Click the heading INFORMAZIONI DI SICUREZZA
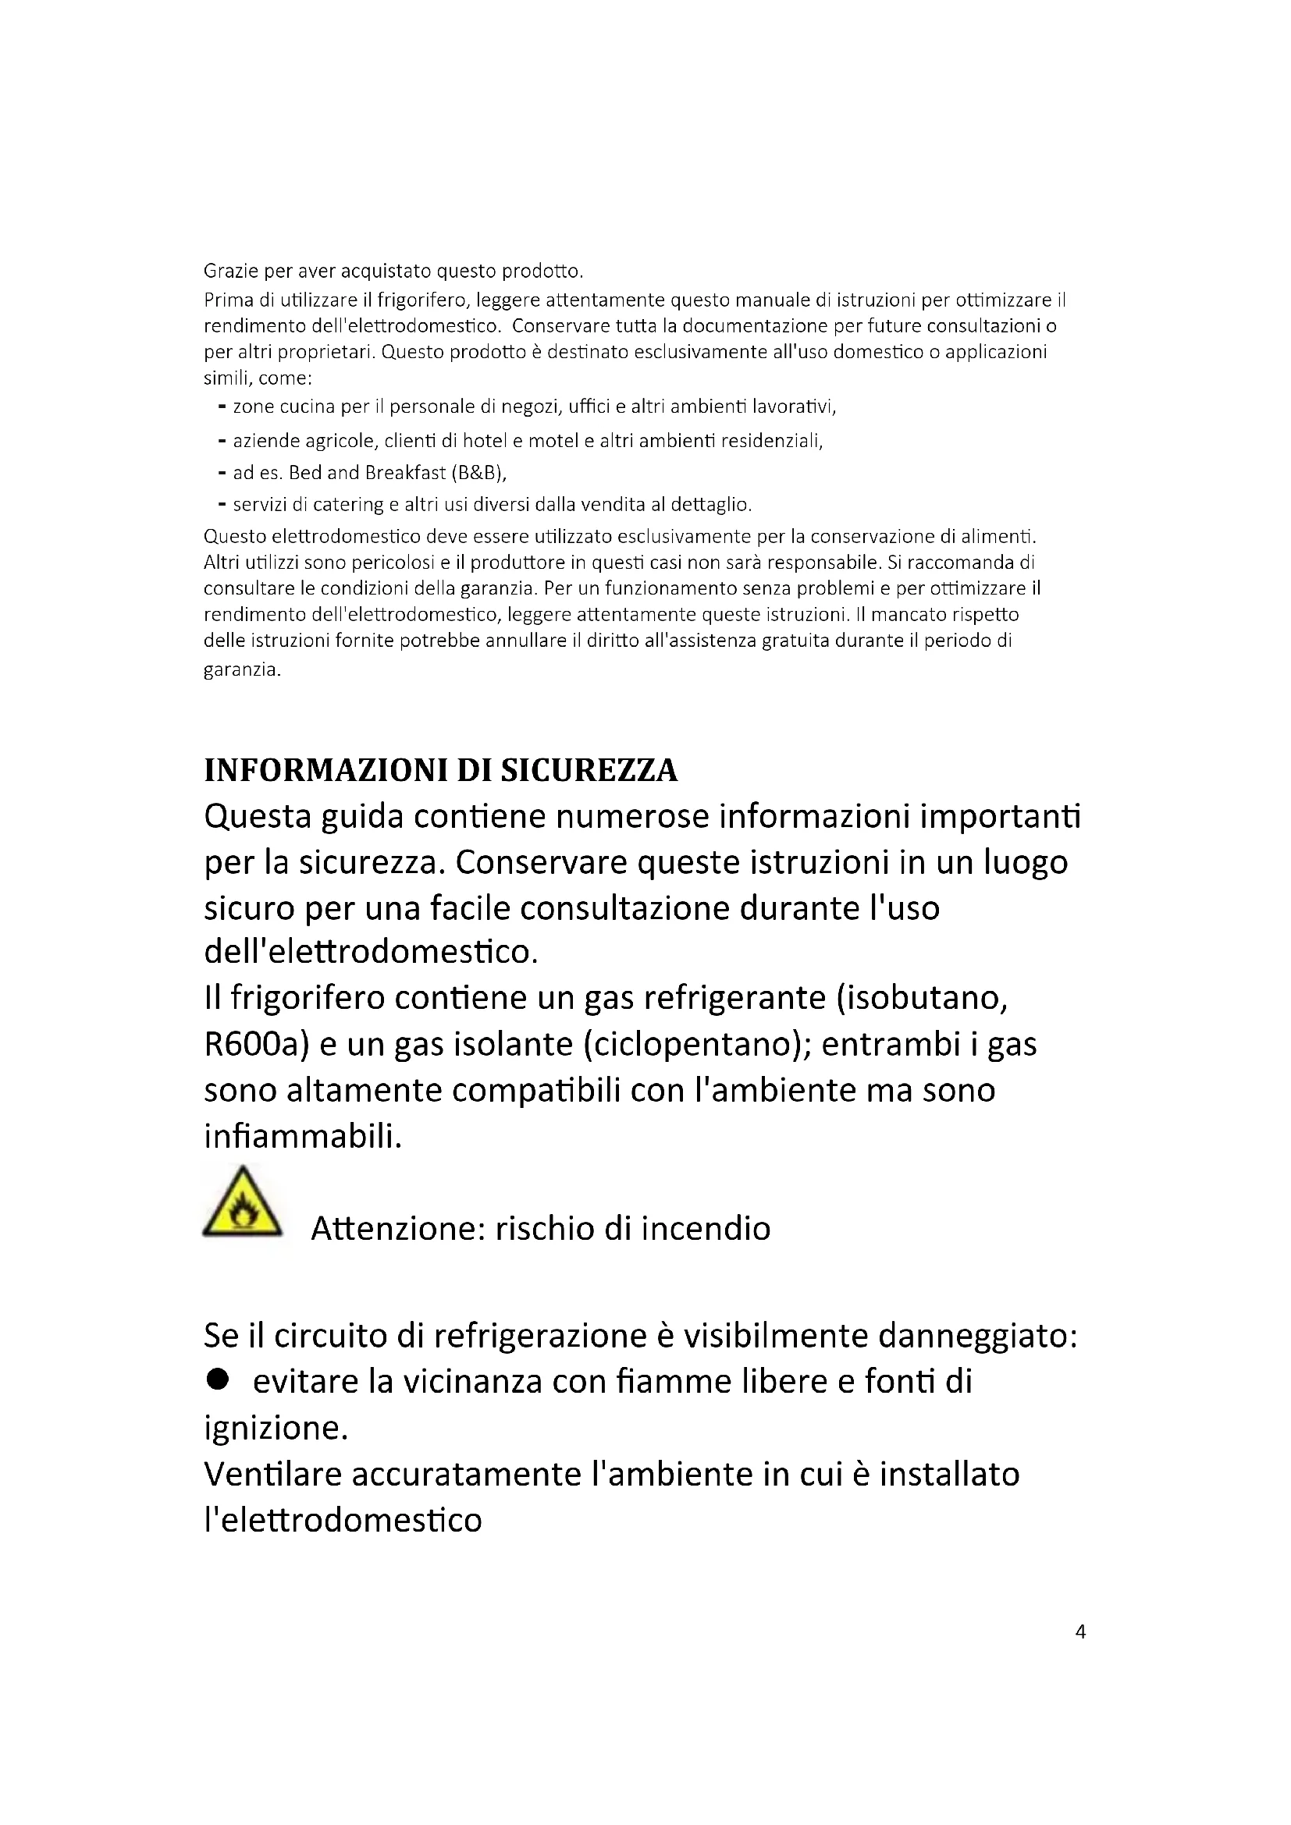[x=440, y=770]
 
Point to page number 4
[x=1079, y=1631]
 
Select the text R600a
[x=256, y=1045]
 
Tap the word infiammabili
[x=302, y=1137]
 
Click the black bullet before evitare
[x=217, y=1381]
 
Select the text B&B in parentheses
[x=478, y=473]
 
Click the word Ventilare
[x=272, y=1475]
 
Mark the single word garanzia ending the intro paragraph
[x=242, y=670]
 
